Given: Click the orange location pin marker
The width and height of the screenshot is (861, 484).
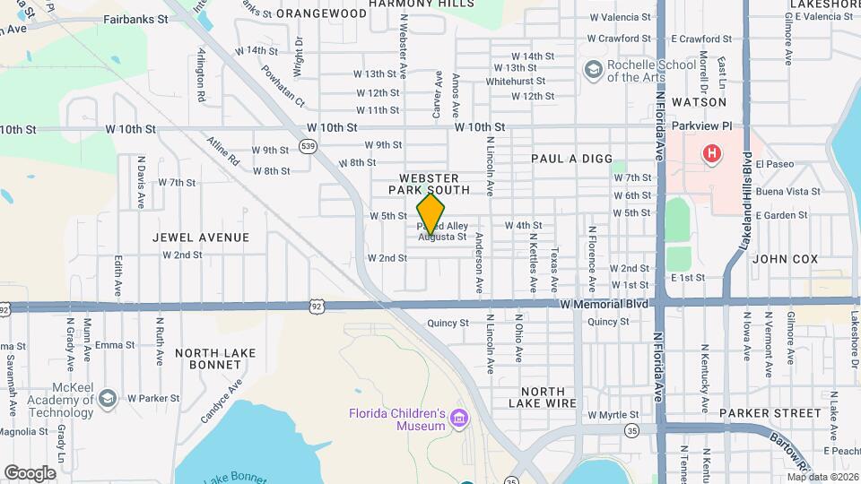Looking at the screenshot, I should (x=430, y=214).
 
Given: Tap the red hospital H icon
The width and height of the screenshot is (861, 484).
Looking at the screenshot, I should (x=712, y=154).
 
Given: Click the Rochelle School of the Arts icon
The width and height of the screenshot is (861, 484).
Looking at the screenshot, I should (x=592, y=70).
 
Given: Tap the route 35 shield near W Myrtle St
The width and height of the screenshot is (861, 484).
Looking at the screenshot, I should (x=632, y=430).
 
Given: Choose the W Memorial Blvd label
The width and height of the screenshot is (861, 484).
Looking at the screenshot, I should (x=604, y=304).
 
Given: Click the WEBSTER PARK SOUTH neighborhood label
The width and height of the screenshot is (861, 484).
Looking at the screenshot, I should (x=429, y=185).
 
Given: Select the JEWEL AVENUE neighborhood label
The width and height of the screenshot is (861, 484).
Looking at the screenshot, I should (x=201, y=238).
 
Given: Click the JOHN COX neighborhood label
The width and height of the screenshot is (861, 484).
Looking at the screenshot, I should (x=785, y=259).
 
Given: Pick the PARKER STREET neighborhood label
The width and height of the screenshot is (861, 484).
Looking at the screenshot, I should (x=770, y=413).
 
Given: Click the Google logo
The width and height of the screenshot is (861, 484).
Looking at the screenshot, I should (x=30, y=472).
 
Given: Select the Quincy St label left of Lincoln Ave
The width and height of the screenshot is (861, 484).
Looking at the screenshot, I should (x=448, y=323).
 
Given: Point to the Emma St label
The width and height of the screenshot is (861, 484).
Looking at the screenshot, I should (x=114, y=344).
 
